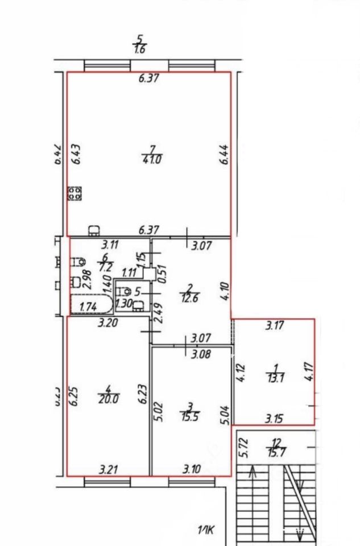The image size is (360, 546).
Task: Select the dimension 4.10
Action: tap(226, 291)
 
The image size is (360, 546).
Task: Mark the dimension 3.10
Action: tap(192, 470)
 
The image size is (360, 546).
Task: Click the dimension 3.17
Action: tap(277, 326)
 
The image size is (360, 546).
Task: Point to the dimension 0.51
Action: tap(162, 275)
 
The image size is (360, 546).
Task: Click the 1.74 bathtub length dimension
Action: tap(87, 307)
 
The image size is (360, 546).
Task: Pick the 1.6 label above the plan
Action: tap(139, 49)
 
